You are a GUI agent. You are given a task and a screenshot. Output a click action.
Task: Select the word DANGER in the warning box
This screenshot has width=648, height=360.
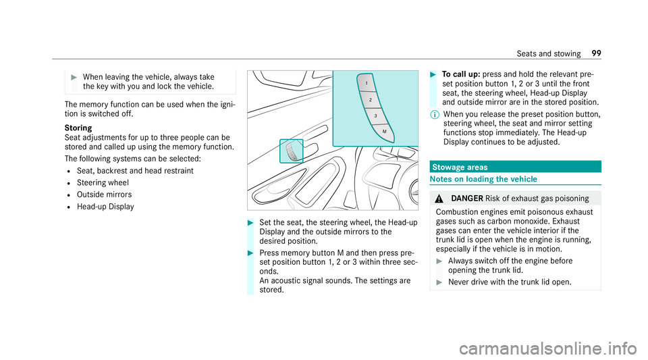click(465, 198)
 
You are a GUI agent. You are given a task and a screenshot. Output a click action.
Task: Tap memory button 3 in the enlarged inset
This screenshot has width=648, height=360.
click(375, 115)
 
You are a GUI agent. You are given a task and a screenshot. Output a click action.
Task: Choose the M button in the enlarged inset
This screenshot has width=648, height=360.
click(383, 131)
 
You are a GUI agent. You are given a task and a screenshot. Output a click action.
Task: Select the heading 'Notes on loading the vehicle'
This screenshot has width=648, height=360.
click(479, 178)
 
